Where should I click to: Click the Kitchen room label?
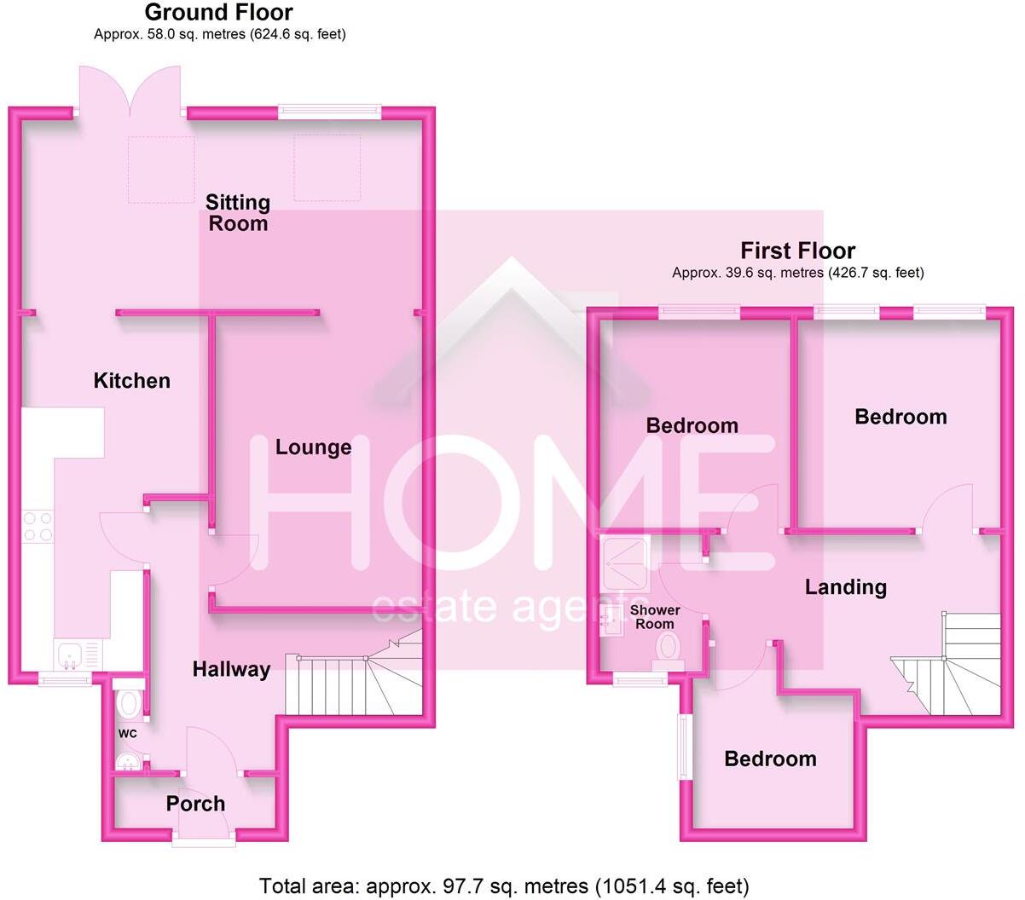point(131,380)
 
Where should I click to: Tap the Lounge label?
point(313,447)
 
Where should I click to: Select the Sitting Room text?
point(238,212)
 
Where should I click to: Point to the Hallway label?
point(231,670)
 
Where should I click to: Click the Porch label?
point(195,804)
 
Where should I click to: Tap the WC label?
point(127,733)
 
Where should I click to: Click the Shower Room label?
point(655,617)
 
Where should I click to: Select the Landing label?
point(846,586)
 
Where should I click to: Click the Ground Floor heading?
point(218,13)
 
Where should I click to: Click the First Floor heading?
point(797,251)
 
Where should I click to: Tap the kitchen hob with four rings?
point(37,526)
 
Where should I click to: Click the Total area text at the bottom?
point(504,886)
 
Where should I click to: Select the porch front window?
point(203,843)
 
